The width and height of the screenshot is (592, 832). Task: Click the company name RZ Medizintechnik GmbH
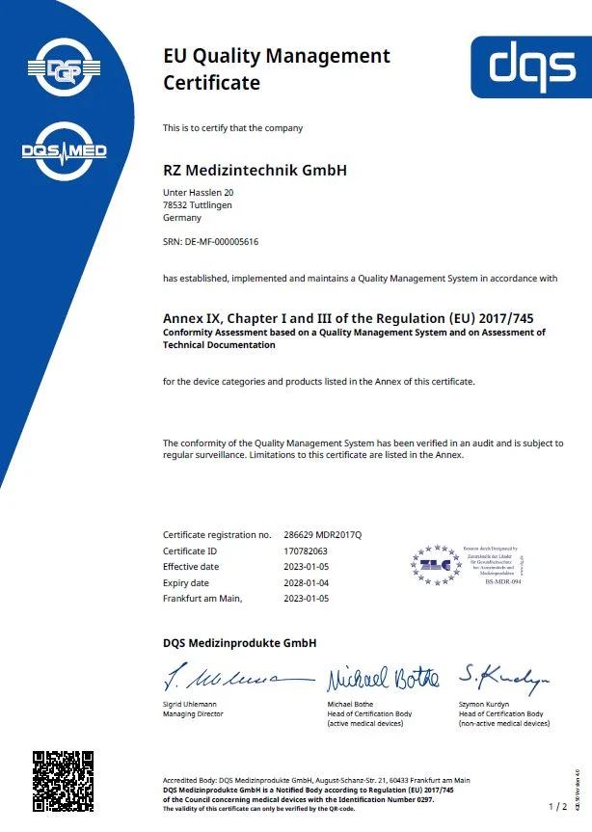pos(255,171)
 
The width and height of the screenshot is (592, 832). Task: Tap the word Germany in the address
pos(182,217)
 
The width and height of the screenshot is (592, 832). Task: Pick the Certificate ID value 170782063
pos(306,550)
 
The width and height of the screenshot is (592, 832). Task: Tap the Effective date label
pos(191,566)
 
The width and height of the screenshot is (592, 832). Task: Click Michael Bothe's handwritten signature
pos(382,677)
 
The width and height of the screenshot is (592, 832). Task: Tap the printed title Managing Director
pos(193,714)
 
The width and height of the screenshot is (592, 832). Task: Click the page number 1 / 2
pos(557,805)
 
